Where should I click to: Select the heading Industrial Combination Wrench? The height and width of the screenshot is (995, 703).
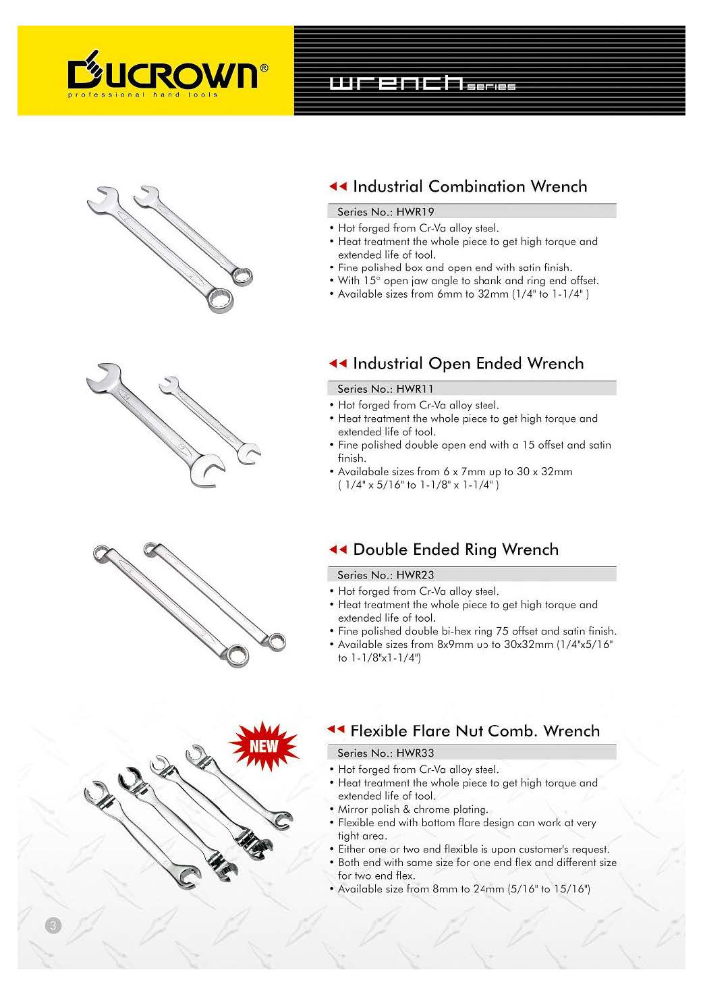[x=470, y=186]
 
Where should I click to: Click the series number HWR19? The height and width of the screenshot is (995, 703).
[x=415, y=211]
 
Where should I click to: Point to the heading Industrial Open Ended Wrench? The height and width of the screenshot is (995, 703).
[x=468, y=364]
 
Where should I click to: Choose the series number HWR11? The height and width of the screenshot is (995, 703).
[x=415, y=389]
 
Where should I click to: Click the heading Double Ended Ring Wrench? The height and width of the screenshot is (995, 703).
[x=455, y=549]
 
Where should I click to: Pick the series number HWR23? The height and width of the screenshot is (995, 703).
[x=415, y=575]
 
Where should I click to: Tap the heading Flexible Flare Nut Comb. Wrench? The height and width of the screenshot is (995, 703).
[x=474, y=731]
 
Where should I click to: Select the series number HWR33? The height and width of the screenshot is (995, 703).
[x=415, y=753]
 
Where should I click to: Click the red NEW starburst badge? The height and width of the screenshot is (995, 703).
[x=264, y=746]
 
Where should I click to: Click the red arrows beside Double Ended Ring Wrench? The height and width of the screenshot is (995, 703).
[x=337, y=550]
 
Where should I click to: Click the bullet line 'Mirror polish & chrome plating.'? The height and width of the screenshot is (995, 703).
[x=412, y=809]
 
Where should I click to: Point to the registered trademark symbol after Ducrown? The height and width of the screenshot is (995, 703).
[x=264, y=68]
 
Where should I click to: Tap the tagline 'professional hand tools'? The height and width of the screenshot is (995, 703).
[x=142, y=95]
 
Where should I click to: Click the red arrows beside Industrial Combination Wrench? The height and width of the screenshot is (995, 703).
[x=337, y=187]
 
